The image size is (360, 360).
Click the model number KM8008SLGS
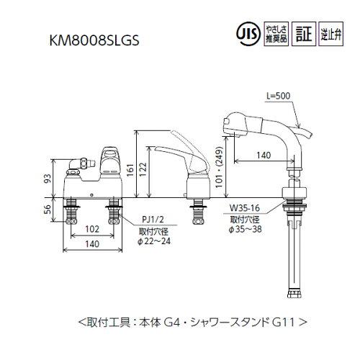pos(95,41)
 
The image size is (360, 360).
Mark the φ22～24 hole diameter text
pos(155,240)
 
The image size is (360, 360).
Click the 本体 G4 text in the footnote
pos(189,317)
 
